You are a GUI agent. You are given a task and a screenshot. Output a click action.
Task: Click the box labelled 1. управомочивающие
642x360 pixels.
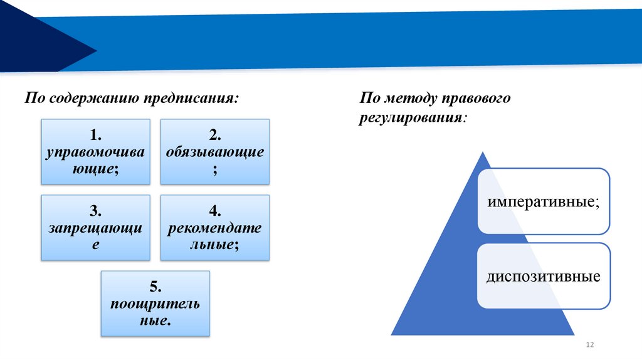coord(95,152)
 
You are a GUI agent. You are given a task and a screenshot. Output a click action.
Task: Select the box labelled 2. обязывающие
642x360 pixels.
coord(215,152)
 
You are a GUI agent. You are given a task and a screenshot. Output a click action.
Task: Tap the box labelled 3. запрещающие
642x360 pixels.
coord(95,227)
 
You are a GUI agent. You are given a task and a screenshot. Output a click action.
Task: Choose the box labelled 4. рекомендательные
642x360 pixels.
coord(215,227)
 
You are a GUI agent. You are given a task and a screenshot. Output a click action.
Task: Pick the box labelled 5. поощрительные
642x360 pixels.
coord(155,304)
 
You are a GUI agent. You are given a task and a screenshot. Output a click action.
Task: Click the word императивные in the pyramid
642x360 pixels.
coord(543,203)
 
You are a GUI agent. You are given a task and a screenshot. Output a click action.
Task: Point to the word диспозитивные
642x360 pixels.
coord(543,276)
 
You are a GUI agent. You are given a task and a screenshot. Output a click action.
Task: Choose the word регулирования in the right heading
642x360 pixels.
coord(411,117)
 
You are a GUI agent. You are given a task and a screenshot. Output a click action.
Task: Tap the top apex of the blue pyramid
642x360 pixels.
coord(482,154)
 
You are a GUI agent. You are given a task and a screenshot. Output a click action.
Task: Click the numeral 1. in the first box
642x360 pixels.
coord(95,135)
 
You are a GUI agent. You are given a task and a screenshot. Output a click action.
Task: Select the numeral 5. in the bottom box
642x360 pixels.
coord(155,287)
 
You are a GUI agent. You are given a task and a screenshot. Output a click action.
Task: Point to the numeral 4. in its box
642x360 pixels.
coord(215,210)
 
